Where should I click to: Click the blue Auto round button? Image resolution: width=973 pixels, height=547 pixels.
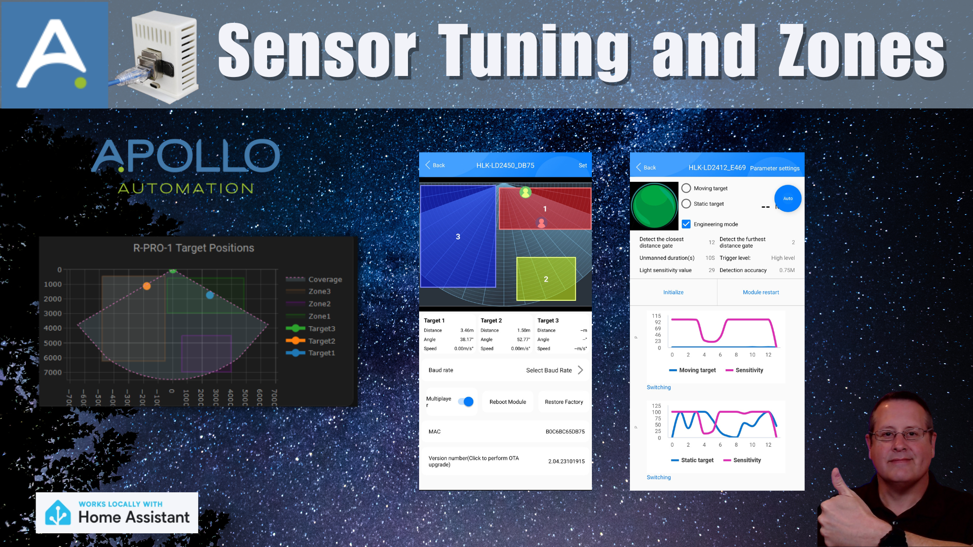(788, 199)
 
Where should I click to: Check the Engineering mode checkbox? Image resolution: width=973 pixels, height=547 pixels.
(686, 224)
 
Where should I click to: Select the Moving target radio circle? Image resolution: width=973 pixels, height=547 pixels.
(686, 188)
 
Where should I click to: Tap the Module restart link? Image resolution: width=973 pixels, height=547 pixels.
(761, 292)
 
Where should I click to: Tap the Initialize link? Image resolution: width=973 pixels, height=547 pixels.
(673, 292)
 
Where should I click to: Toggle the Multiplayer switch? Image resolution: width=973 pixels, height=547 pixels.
(466, 402)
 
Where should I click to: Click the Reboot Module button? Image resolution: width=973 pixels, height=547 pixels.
(507, 402)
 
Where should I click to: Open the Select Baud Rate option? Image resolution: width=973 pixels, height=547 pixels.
(554, 370)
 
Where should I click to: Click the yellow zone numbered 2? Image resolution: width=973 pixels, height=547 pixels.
(546, 279)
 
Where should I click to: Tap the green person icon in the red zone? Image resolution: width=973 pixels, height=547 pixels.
(526, 192)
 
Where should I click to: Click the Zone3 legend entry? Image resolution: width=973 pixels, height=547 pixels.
(319, 292)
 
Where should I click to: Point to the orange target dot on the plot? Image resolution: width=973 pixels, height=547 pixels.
(146, 286)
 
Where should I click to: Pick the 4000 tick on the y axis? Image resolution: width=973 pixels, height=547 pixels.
(53, 328)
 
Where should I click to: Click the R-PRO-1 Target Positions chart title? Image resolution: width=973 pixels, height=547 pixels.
(194, 248)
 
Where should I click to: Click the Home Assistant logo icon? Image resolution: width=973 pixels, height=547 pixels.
(58, 513)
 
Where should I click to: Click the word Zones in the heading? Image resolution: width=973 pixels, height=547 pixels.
(862, 52)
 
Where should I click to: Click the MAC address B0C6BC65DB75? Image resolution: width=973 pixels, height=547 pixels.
(565, 432)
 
